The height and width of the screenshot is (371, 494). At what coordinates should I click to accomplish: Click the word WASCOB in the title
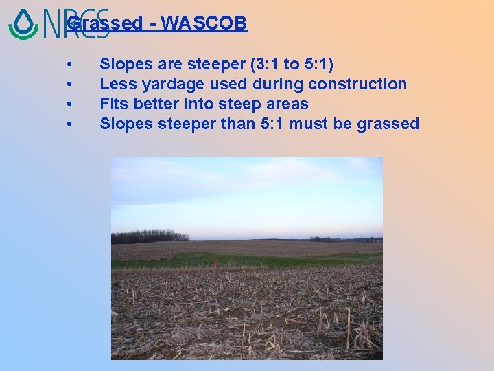[205, 23]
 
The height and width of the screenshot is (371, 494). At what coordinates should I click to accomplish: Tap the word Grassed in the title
[104, 23]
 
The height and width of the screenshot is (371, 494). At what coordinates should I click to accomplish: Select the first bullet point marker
[71, 65]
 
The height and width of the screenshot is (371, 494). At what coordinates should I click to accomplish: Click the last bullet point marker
[71, 124]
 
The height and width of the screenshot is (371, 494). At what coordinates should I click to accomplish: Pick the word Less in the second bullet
[115, 85]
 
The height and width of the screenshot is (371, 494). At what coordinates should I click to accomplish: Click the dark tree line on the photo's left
[150, 236]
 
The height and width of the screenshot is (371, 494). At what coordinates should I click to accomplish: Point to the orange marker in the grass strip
[214, 262]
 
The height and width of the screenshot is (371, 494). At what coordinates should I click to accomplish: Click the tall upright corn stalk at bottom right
[348, 330]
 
